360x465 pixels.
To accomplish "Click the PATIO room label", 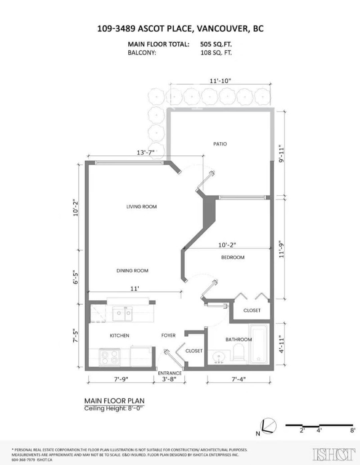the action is point(220,144).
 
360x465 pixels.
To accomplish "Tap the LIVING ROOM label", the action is point(141,207).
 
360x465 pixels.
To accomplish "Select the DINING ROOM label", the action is point(132,271).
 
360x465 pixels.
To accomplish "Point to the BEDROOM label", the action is point(233,257).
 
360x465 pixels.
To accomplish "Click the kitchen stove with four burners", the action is point(109,357).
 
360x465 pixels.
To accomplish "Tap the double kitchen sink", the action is point(122,314).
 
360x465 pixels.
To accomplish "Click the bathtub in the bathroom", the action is point(259,344).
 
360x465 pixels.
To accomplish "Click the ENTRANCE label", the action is point(170,373).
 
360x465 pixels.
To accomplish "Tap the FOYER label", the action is point(168,335).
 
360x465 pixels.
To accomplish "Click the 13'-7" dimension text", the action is point(146,153).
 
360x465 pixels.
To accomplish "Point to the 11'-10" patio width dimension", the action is point(220,81).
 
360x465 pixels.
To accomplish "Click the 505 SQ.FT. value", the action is point(216,45).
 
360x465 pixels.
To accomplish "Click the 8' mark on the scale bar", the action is point(352,430).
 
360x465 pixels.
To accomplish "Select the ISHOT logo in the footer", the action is point(334,454).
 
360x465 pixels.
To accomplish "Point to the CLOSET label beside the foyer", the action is point(194,351).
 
